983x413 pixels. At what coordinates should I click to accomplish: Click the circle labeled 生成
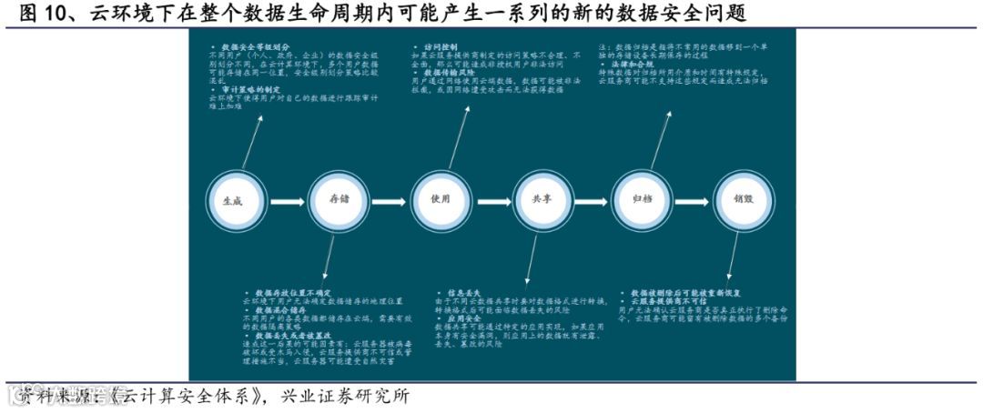click(x=233, y=200)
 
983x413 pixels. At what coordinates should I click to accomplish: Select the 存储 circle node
click(x=338, y=200)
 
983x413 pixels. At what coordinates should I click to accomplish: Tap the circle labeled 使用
click(x=441, y=200)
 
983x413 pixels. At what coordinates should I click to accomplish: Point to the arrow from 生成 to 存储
click(x=285, y=200)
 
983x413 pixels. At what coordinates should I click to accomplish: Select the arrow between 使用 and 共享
click(x=491, y=200)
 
